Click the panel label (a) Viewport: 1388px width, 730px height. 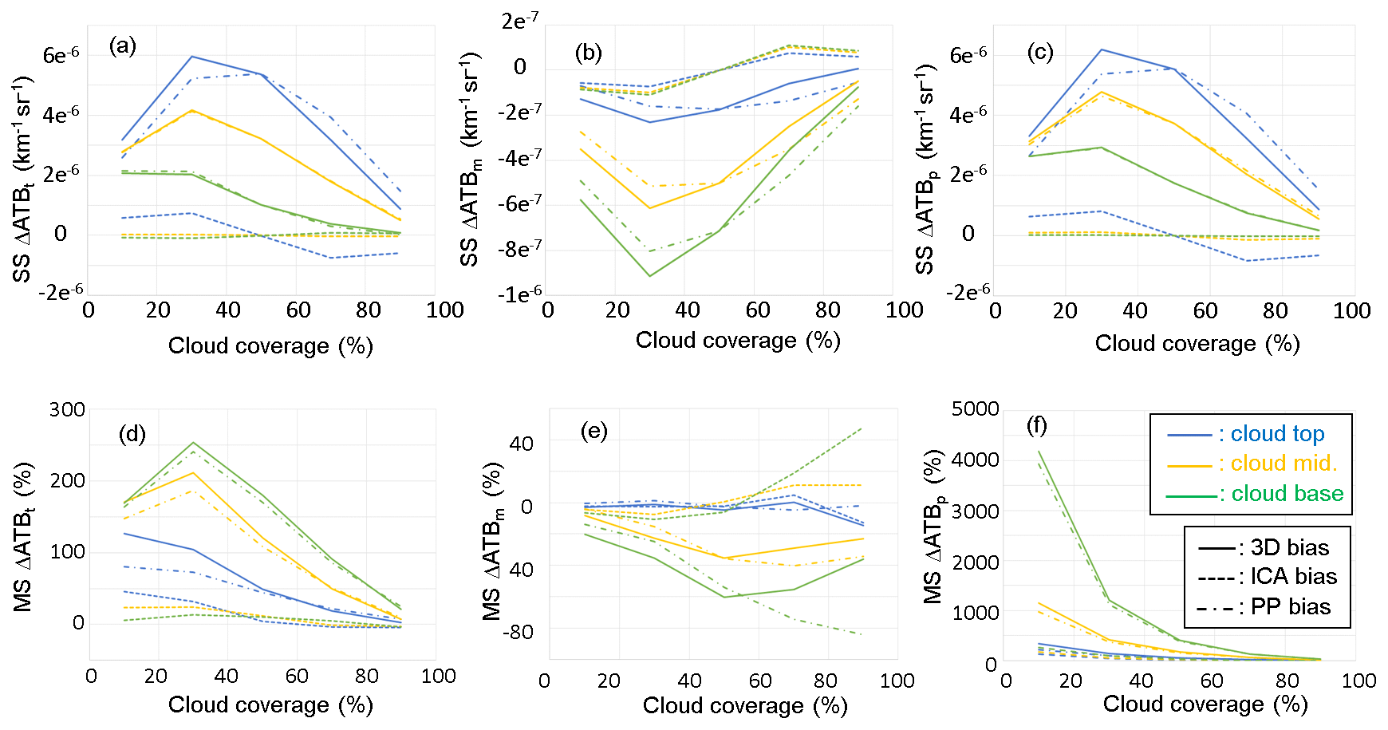point(123,46)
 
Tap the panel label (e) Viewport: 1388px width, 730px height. point(593,432)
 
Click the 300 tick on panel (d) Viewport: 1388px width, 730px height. point(67,410)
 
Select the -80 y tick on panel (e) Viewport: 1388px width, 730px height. point(517,633)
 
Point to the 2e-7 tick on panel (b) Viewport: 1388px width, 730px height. point(519,21)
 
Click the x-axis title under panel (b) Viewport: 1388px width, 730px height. point(738,341)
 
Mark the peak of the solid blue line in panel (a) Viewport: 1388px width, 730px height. point(192,57)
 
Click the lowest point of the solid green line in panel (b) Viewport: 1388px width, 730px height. point(649,276)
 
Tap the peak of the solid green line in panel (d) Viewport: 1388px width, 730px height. point(193,443)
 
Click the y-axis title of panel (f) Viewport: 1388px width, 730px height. point(933,527)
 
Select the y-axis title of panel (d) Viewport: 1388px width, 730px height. point(23,536)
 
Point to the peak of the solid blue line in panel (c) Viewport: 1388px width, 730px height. point(1102,49)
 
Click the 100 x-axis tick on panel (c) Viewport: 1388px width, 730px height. point(1351,311)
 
